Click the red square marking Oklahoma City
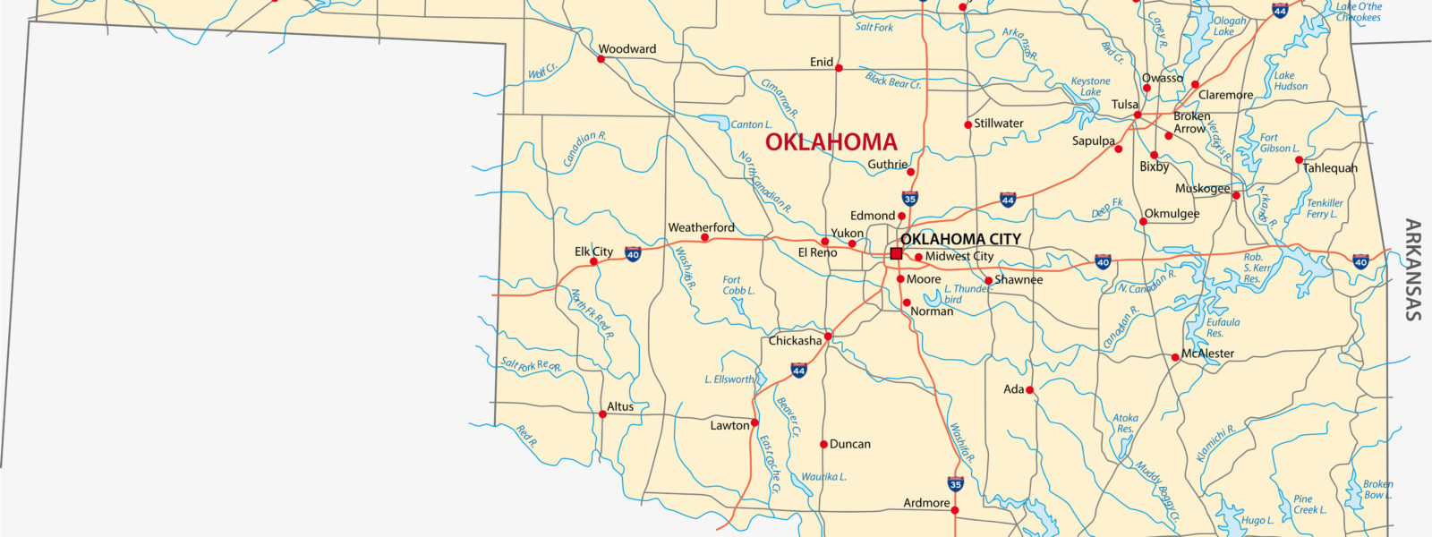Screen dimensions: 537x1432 (x=896, y=254)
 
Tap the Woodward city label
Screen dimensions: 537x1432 (x=626, y=49)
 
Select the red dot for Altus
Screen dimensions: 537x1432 (x=601, y=413)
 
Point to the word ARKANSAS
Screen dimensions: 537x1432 (x=1412, y=269)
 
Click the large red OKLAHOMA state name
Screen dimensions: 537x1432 (x=831, y=142)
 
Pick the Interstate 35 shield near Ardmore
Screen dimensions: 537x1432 (x=955, y=484)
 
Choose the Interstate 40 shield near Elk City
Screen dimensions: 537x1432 (x=633, y=254)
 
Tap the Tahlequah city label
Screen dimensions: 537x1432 (x=1330, y=168)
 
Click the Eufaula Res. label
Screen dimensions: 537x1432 (x=1223, y=328)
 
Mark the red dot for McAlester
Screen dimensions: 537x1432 (x=1175, y=357)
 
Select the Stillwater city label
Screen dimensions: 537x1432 (x=999, y=124)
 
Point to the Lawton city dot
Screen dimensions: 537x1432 (x=754, y=422)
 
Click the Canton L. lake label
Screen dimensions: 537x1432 (x=751, y=124)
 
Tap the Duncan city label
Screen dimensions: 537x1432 (x=849, y=444)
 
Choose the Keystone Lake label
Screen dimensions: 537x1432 (x=1090, y=87)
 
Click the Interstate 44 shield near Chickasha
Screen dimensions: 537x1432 (x=798, y=370)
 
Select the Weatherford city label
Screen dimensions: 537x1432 (x=701, y=227)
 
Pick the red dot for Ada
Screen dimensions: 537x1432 (x=1029, y=390)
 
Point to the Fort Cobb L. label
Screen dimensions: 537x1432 (x=738, y=286)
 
